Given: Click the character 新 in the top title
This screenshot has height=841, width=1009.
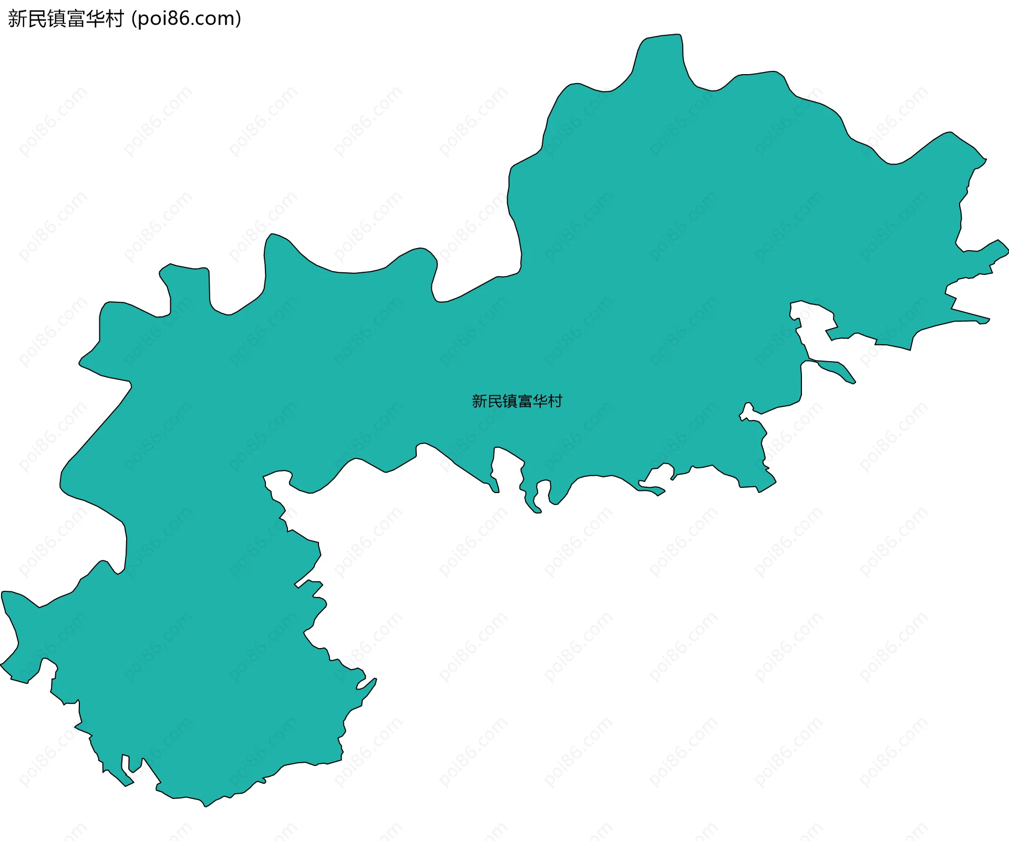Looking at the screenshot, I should tap(17, 19).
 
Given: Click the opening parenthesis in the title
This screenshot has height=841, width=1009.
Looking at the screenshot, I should tap(135, 19).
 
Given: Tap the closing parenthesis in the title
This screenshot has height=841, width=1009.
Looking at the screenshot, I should tap(239, 19).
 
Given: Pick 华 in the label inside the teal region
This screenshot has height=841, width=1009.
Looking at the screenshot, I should tap(540, 402).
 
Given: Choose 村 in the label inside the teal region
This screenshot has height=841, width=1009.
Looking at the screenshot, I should tap(555, 402).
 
